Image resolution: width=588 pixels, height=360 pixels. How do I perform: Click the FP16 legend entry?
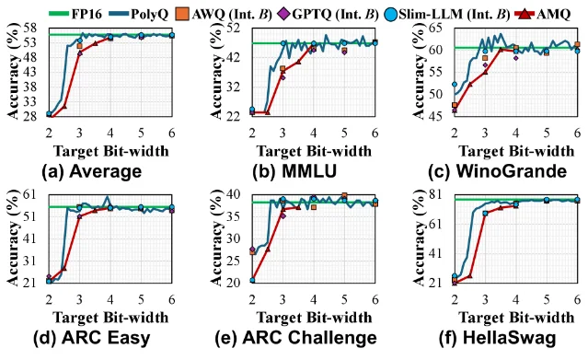pyautogui.click(x=75, y=14)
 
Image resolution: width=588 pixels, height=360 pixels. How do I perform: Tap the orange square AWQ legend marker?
pyautogui.click(x=182, y=15)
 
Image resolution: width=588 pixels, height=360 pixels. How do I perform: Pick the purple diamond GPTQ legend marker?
pyautogui.click(x=284, y=15)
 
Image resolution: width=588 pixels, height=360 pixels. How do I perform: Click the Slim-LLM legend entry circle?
pyautogui.click(x=391, y=15)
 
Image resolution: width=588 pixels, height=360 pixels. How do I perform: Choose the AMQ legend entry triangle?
pyautogui.click(x=527, y=15)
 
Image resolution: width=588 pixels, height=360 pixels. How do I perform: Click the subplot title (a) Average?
pyautogui.click(x=92, y=171)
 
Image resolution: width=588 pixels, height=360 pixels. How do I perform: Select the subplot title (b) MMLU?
pyautogui.click(x=294, y=171)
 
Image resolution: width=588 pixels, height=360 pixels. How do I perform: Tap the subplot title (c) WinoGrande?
pyautogui.click(x=498, y=171)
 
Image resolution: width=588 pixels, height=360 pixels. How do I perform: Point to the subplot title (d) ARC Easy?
pyautogui.click(x=92, y=338)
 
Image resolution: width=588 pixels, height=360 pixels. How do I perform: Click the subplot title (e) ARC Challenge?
pyautogui.click(x=296, y=338)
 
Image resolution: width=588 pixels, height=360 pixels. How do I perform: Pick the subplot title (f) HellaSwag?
pyautogui.click(x=498, y=338)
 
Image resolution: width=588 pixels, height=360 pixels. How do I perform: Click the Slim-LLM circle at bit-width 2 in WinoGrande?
pyautogui.click(x=455, y=85)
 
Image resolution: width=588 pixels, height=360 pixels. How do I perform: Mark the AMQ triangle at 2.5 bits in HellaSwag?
pyautogui.click(x=470, y=275)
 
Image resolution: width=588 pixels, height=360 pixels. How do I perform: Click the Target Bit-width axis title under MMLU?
pyautogui.click(x=314, y=151)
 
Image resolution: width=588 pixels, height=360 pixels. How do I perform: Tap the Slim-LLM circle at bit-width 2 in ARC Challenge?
pyautogui.click(x=252, y=281)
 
